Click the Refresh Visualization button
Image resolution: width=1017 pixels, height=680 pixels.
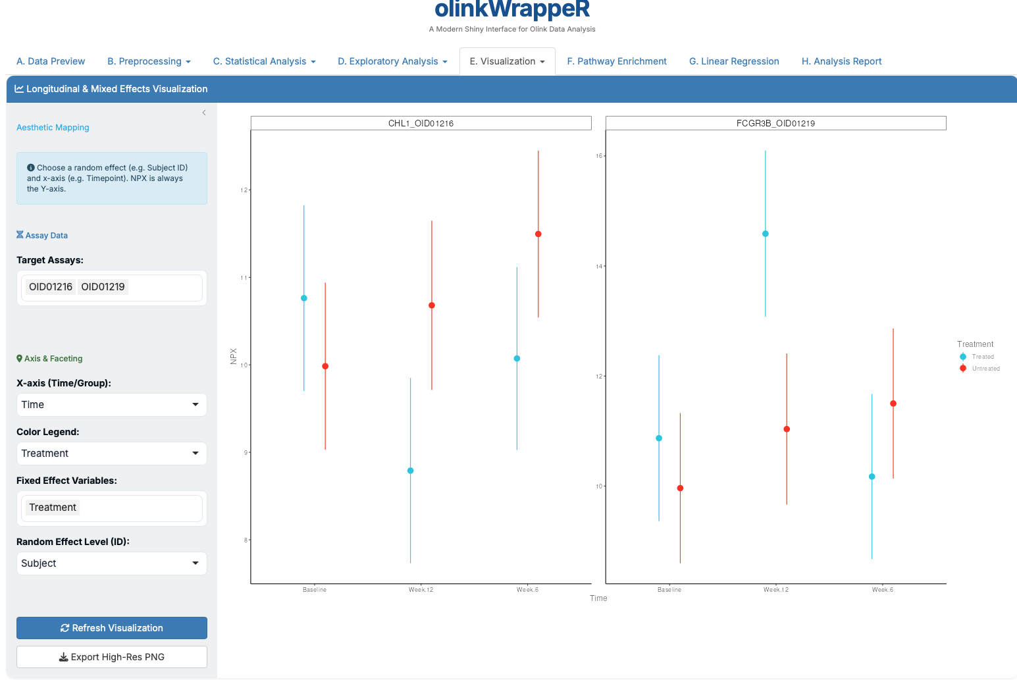[x=112, y=628]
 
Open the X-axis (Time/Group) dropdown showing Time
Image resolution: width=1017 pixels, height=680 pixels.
[x=112, y=405]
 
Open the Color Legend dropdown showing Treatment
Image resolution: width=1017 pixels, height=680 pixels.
[x=112, y=454]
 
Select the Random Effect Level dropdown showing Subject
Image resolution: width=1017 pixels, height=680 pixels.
[x=112, y=563]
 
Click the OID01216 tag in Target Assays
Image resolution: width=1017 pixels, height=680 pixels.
[x=51, y=287]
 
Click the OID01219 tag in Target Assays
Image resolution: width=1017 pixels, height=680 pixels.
[x=103, y=287]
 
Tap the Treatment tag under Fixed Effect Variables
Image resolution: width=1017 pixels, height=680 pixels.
[x=53, y=508]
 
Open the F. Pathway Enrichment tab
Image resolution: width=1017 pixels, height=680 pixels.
[x=617, y=61]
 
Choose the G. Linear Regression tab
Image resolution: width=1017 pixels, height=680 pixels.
[x=734, y=61]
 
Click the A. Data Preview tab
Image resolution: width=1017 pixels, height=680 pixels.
[x=51, y=61]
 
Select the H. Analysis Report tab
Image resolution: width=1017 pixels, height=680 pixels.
[x=841, y=61]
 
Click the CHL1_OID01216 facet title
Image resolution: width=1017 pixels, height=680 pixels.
[x=421, y=123]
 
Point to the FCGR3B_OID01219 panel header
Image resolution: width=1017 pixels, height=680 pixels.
[x=775, y=123]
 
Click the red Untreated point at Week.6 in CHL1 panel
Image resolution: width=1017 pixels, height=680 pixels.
[x=538, y=234]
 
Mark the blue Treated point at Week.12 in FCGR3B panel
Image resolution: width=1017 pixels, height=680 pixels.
[x=766, y=234]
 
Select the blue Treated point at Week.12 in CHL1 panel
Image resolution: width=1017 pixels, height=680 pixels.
[x=411, y=471]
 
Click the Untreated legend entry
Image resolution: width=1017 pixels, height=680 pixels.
[x=985, y=369]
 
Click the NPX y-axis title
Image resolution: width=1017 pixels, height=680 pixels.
[x=234, y=356]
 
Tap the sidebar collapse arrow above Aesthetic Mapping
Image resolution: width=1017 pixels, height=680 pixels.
[x=204, y=113]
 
